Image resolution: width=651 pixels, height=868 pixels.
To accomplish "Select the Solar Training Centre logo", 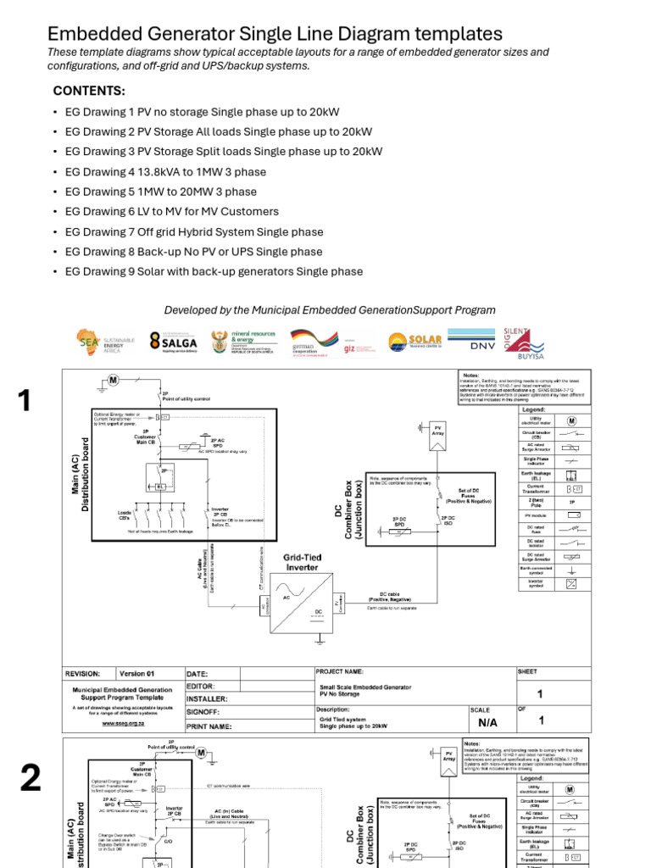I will (x=415, y=342).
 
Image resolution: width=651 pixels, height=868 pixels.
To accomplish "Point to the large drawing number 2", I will (x=30, y=777).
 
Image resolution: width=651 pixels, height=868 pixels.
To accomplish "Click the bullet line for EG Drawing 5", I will (x=160, y=192).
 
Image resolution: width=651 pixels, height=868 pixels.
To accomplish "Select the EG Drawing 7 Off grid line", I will (x=193, y=231).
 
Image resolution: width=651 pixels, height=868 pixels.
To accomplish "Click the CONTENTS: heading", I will (x=89, y=91).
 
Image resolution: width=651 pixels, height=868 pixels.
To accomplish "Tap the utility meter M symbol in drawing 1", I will (x=113, y=379).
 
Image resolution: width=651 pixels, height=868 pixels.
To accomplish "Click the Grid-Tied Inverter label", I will (x=303, y=561).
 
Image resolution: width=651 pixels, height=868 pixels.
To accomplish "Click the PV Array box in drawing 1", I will (x=438, y=430).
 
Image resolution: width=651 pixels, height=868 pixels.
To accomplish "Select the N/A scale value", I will (x=487, y=723).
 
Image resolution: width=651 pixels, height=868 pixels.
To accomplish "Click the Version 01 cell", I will (x=137, y=673).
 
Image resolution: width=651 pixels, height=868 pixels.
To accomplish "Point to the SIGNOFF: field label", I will (x=204, y=713).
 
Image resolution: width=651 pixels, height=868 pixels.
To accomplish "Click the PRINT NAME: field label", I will (x=209, y=726).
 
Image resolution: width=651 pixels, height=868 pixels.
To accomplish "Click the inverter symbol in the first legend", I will (x=572, y=583).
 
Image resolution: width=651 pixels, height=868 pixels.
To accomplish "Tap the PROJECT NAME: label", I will (x=345, y=670).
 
